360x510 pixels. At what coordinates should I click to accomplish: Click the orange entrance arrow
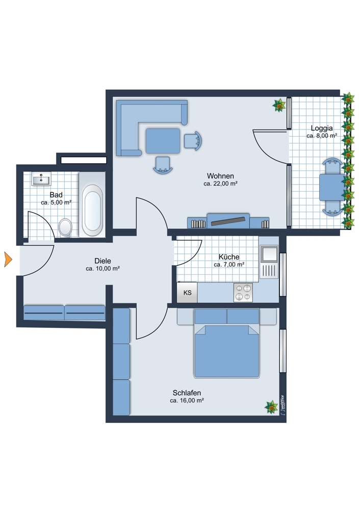(8, 260)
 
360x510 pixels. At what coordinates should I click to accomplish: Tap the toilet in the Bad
(65, 227)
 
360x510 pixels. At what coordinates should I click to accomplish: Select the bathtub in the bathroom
(92, 210)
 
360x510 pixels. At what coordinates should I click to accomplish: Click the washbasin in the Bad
(41, 178)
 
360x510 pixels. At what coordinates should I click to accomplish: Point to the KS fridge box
(187, 292)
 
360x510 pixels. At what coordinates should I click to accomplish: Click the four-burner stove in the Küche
(243, 292)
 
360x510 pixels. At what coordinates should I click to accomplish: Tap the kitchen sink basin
(269, 254)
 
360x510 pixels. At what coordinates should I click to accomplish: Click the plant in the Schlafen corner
(271, 407)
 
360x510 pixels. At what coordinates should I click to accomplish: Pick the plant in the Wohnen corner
(279, 105)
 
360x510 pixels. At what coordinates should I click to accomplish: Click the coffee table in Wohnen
(163, 141)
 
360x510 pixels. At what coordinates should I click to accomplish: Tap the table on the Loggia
(332, 187)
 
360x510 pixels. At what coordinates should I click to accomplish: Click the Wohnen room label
(220, 176)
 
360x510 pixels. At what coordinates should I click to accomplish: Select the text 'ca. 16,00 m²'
(187, 400)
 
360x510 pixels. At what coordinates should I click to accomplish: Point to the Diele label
(103, 261)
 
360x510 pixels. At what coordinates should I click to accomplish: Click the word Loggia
(322, 128)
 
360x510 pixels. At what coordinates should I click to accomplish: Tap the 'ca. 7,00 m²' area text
(229, 264)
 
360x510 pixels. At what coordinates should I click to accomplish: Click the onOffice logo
(282, 405)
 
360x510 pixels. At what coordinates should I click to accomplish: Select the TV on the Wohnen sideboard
(228, 221)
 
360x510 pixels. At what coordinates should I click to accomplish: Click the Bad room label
(56, 195)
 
